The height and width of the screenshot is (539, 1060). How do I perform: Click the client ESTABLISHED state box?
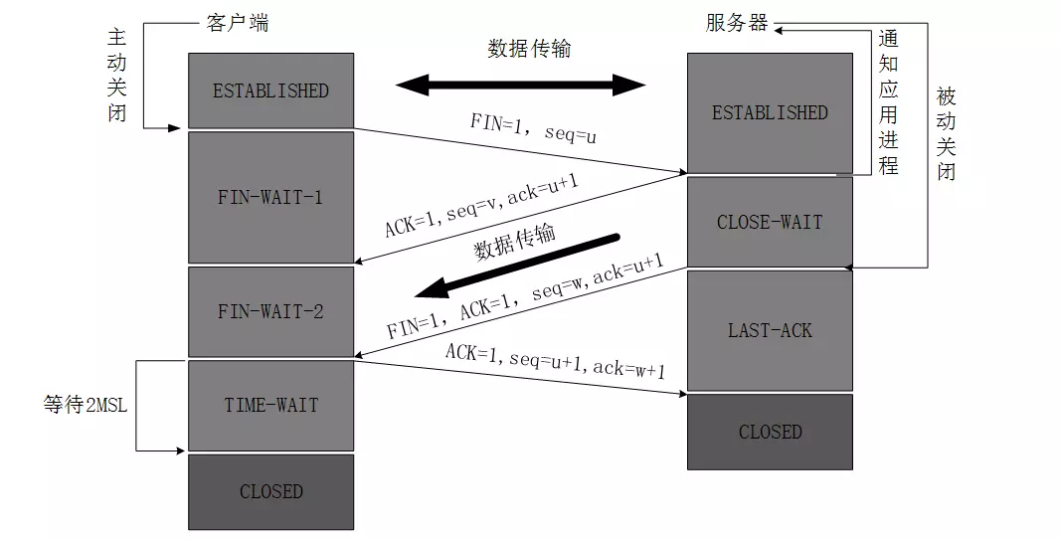point(270,90)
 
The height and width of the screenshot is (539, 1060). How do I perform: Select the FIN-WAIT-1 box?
point(270,197)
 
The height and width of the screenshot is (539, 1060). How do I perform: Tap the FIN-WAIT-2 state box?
point(270,311)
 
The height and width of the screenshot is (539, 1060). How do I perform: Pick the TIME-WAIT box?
point(270,405)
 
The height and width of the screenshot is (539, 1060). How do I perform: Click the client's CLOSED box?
point(270,491)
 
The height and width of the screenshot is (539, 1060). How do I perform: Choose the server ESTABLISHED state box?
point(770,112)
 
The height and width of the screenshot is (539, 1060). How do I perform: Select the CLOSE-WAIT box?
point(770,222)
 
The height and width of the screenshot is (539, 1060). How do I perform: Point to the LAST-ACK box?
point(770,330)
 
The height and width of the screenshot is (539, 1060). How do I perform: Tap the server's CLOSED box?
point(770,432)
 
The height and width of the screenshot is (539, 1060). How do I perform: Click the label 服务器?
point(737,23)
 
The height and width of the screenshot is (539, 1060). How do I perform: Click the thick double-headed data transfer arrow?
point(521,85)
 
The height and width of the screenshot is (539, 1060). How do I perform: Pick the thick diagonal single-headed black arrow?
point(517,266)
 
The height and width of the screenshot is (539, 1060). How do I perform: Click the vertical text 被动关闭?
point(946,133)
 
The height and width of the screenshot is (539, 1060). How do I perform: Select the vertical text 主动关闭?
point(117,74)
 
